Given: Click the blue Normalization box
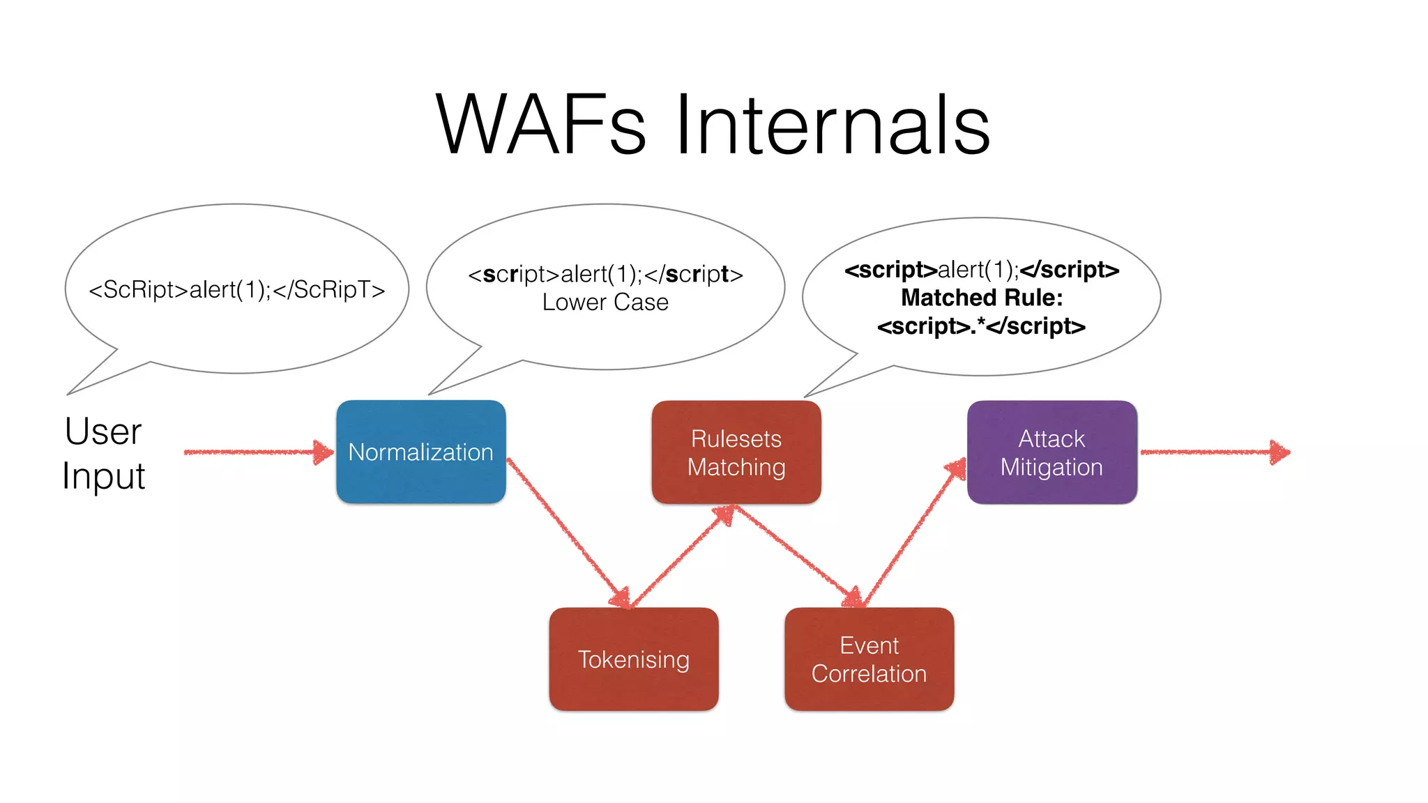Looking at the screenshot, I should [421, 452].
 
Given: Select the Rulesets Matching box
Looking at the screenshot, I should [736, 452].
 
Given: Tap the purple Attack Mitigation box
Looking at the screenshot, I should [1051, 452].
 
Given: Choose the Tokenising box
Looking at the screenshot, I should [633, 659].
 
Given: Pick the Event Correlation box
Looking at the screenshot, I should [869, 659].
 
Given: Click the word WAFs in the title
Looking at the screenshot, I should [540, 125].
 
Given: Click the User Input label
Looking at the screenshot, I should [103, 453].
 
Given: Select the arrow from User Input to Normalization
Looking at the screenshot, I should [258, 452].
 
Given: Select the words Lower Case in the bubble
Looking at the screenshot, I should [605, 303].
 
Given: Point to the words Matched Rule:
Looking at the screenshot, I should [982, 298].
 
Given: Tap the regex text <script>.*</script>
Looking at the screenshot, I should [982, 326].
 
